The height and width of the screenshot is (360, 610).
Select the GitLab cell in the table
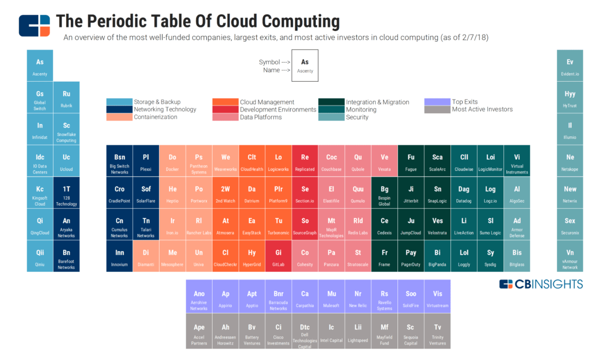tap(278, 256)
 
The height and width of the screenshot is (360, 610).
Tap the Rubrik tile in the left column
tap(66, 97)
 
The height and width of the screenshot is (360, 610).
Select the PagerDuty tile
tap(411, 256)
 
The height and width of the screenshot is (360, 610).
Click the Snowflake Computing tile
tap(66, 129)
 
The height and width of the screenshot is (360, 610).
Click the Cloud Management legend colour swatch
tap(225, 102)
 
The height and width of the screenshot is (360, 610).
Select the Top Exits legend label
tap(465, 102)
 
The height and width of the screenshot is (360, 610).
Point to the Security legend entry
tap(357, 117)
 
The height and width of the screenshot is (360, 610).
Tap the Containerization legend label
tap(155, 117)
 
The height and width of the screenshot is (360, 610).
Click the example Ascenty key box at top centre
tap(305, 66)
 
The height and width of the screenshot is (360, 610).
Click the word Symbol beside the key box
tap(269, 62)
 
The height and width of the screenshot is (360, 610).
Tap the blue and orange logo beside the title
tap(34, 24)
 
